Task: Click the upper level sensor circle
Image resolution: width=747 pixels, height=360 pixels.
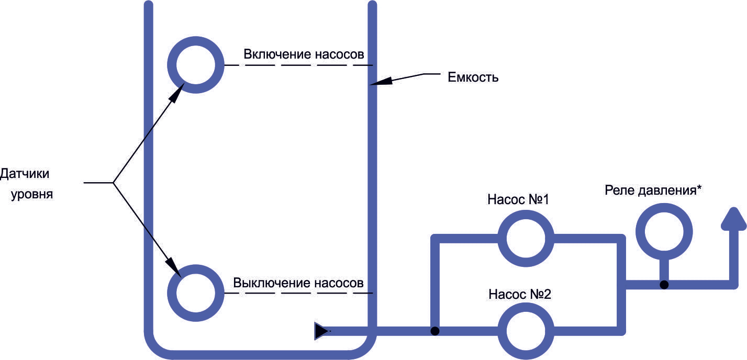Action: [x=196, y=41]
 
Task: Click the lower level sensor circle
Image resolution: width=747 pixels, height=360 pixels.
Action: [x=196, y=269]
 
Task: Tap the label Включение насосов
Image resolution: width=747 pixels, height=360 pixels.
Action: [x=304, y=54]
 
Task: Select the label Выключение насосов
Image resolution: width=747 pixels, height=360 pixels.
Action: [x=298, y=283]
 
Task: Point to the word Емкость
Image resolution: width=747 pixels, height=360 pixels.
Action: [x=473, y=77]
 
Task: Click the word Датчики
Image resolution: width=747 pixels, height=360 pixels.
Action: [x=25, y=174]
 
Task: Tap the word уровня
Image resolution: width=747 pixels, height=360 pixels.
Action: [x=32, y=194]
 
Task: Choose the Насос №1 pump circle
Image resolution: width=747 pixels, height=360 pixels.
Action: [x=526, y=215]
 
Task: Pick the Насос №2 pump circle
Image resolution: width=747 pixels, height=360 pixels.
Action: [x=526, y=307]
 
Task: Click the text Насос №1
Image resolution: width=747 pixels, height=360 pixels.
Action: [x=518, y=199]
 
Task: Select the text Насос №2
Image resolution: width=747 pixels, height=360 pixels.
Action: [x=520, y=294]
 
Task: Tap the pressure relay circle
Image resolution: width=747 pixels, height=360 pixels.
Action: [x=664, y=208]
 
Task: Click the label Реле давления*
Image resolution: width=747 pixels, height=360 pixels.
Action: [x=653, y=190]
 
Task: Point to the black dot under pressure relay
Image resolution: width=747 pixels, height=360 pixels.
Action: [x=664, y=285]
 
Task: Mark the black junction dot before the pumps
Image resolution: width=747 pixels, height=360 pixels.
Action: [x=435, y=331]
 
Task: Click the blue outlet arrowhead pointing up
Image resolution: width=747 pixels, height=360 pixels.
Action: [x=734, y=220]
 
